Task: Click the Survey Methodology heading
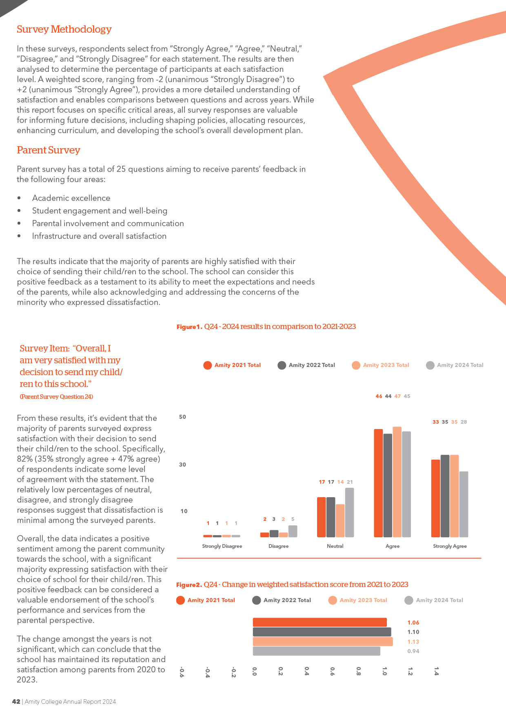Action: click(64, 29)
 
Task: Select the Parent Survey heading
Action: click(49, 150)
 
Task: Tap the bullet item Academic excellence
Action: click(71, 198)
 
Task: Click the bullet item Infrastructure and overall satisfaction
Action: click(99, 236)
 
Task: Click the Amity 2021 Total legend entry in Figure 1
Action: click(232, 365)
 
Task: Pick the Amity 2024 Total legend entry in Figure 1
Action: click(455, 365)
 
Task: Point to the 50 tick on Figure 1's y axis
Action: click(182, 417)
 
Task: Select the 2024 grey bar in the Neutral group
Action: click(350, 512)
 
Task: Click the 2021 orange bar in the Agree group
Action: click(378, 483)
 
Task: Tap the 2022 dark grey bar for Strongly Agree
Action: click(445, 496)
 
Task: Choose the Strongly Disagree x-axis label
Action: click(222, 546)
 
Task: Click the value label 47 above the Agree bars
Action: click(397, 396)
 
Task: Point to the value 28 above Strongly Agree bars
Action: click(464, 422)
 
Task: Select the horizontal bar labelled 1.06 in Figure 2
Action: click(320, 622)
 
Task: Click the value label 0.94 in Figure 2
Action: click(413, 651)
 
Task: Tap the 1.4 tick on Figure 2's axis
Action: click(436, 671)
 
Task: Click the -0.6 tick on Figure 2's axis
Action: click(182, 672)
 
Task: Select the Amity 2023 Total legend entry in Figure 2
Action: click(358, 600)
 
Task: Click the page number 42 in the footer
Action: click(16, 701)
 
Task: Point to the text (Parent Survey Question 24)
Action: click(56, 397)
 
